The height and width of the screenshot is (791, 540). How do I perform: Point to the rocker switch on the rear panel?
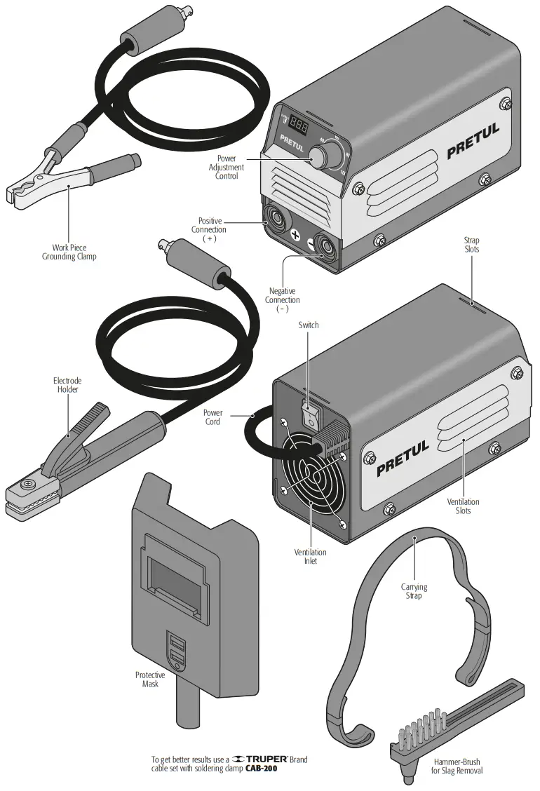[x=310, y=414]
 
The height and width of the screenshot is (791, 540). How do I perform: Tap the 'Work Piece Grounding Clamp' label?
[x=68, y=252]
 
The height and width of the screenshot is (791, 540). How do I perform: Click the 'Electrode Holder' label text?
[x=67, y=385]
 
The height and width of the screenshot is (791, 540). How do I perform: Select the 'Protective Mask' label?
[x=151, y=679]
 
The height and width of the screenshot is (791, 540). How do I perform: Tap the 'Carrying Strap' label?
[x=414, y=591]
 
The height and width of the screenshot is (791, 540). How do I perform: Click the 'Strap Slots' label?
[x=471, y=245]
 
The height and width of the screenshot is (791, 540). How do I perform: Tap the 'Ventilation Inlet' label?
[x=310, y=557]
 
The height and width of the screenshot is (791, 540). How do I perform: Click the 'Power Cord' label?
[x=212, y=417]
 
